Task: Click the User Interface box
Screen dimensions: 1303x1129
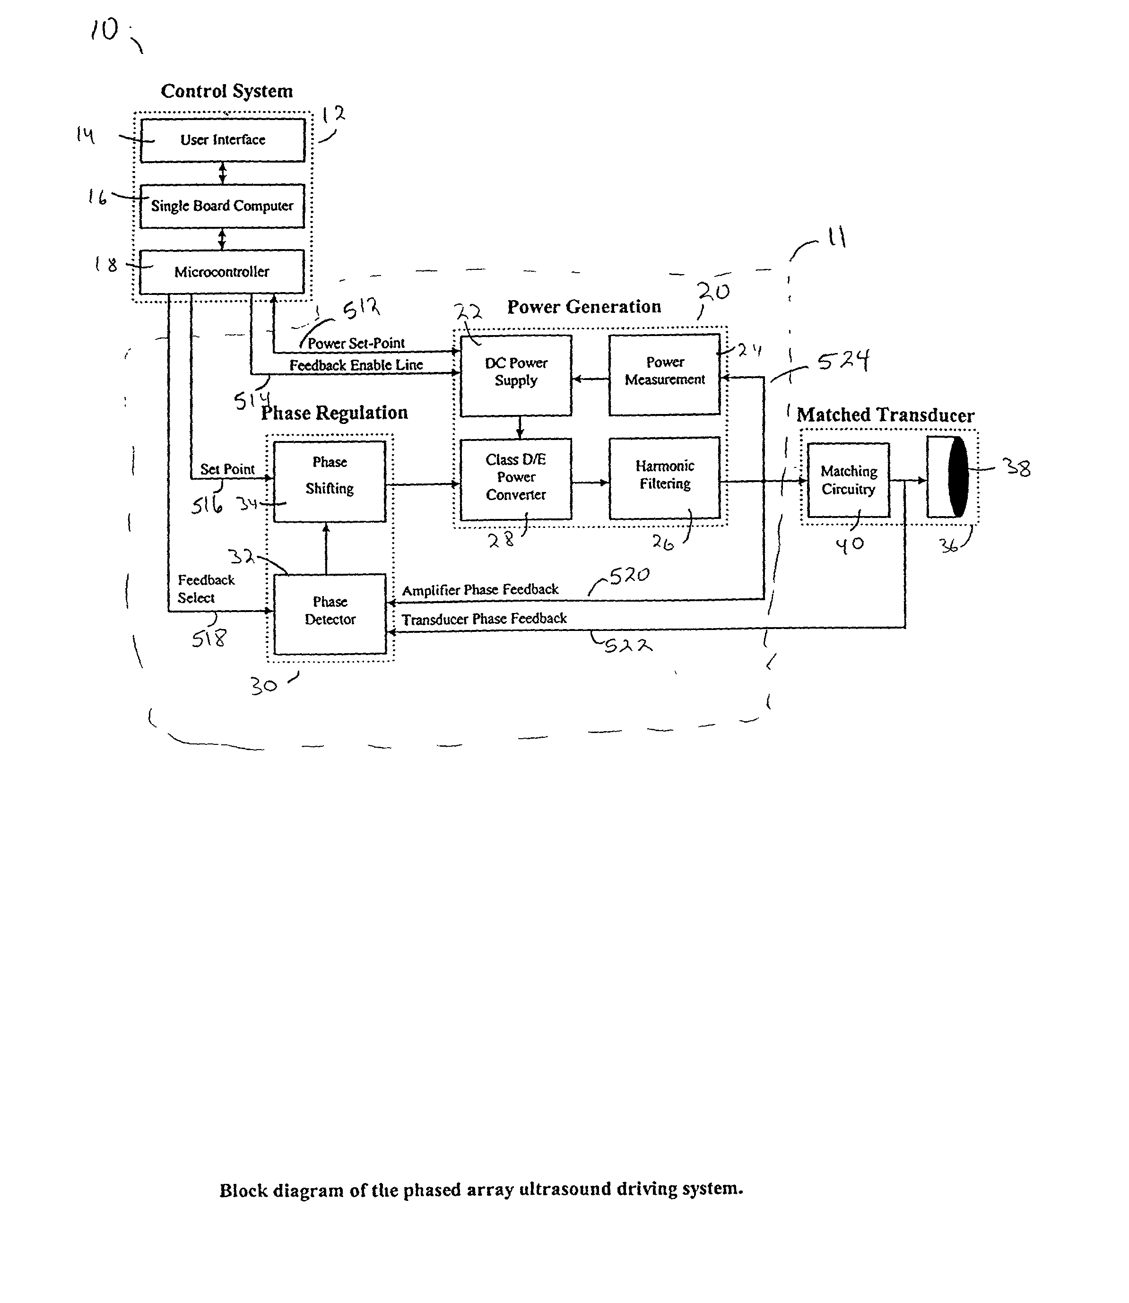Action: click(x=222, y=140)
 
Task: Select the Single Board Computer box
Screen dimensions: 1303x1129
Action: click(x=222, y=206)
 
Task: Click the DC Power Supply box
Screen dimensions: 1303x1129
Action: click(x=515, y=375)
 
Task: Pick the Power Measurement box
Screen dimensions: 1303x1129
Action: click(x=664, y=375)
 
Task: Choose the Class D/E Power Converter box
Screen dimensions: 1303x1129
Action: click(x=515, y=479)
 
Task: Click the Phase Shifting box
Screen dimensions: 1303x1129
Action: click(x=330, y=481)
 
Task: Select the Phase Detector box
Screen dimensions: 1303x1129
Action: click(x=330, y=613)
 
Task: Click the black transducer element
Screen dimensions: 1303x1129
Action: click(x=958, y=477)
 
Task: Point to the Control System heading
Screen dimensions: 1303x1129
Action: click(x=227, y=91)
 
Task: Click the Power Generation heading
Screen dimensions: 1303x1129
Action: click(x=584, y=307)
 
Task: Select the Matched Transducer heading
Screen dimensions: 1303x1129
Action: click(x=885, y=415)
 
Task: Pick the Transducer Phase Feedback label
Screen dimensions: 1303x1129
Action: click(x=484, y=619)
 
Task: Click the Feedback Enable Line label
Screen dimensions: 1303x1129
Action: click(x=356, y=365)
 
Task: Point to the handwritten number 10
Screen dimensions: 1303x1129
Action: click(x=104, y=30)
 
